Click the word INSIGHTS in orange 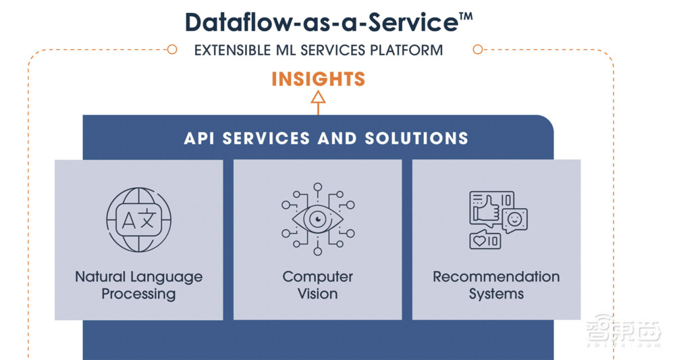(x=318, y=79)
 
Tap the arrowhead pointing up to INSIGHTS (x=318, y=97)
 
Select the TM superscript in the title (x=465, y=17)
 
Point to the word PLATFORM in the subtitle (x=406, y=51)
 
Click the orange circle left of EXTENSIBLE (x=171, y=49)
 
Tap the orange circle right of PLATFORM (x=477, y=49)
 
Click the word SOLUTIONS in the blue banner (x=416, y=138)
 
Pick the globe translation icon (x=138, y=220)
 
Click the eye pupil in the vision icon (x=318, y=220)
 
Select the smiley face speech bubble (x=514, y=220)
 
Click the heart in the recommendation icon (x=479, y=240)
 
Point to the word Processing (x=138, y=294)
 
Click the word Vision (x=318, y=294)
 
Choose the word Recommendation (x=496, y=276)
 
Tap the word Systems (x=496, y=294)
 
